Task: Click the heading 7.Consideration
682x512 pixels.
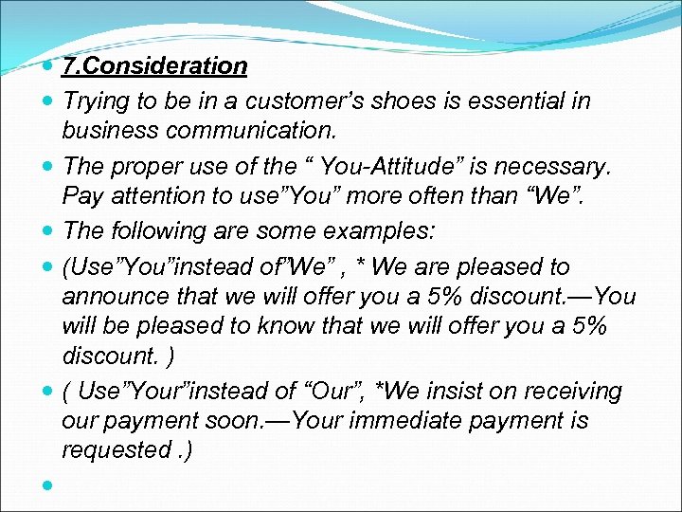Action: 154,66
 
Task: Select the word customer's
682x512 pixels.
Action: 302,101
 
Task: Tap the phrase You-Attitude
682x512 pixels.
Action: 391,168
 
